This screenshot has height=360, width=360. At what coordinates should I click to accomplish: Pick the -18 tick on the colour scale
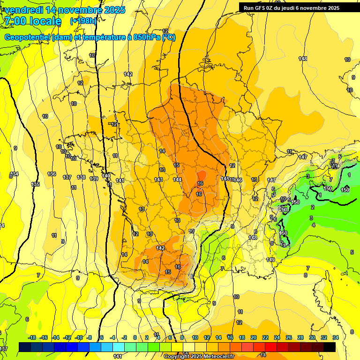pos(32,337)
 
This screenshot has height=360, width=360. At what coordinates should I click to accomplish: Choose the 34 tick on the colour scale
pos(335,337)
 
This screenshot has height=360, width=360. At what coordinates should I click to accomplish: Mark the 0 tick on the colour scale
pos(135,337)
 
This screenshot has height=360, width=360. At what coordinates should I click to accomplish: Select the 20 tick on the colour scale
pos(254,337)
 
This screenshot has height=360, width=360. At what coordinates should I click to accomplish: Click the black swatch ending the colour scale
pos(330,347)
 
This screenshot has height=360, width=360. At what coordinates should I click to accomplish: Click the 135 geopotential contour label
pos(36,184)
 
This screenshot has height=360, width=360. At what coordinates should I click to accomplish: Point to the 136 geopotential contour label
pos(52,174)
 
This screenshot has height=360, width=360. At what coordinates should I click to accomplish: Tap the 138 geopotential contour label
pos(81,177)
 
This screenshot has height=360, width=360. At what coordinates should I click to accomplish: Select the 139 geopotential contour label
pos(94,179)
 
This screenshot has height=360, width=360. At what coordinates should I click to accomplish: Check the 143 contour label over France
pos(158,180)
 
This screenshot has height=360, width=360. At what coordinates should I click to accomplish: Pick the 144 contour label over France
pos(177,180)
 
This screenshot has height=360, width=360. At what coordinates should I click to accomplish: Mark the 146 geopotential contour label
pos(239,180)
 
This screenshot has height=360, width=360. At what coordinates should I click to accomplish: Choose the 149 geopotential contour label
pos(270,260)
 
